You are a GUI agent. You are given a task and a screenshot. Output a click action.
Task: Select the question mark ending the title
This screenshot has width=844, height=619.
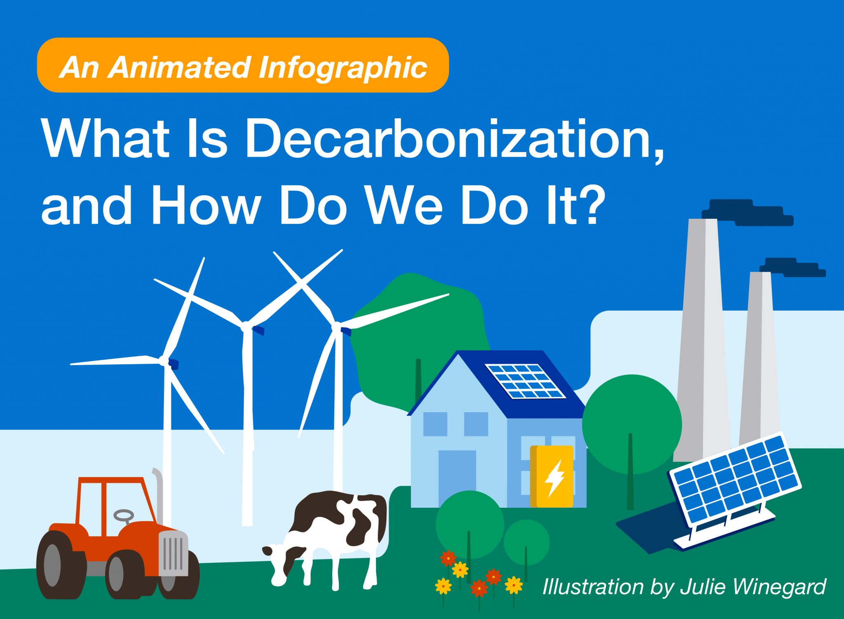[594, 205]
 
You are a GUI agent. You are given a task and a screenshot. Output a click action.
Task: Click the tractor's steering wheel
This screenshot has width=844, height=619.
[124, 515]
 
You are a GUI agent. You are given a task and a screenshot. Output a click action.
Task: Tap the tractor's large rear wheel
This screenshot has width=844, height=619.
[58, 565]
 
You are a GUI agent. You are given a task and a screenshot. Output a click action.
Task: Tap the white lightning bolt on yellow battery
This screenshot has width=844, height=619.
[554, 478]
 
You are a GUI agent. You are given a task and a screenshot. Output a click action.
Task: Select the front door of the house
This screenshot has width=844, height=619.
[457, 478]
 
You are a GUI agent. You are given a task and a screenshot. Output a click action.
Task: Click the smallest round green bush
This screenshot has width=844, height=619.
[526, 542]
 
